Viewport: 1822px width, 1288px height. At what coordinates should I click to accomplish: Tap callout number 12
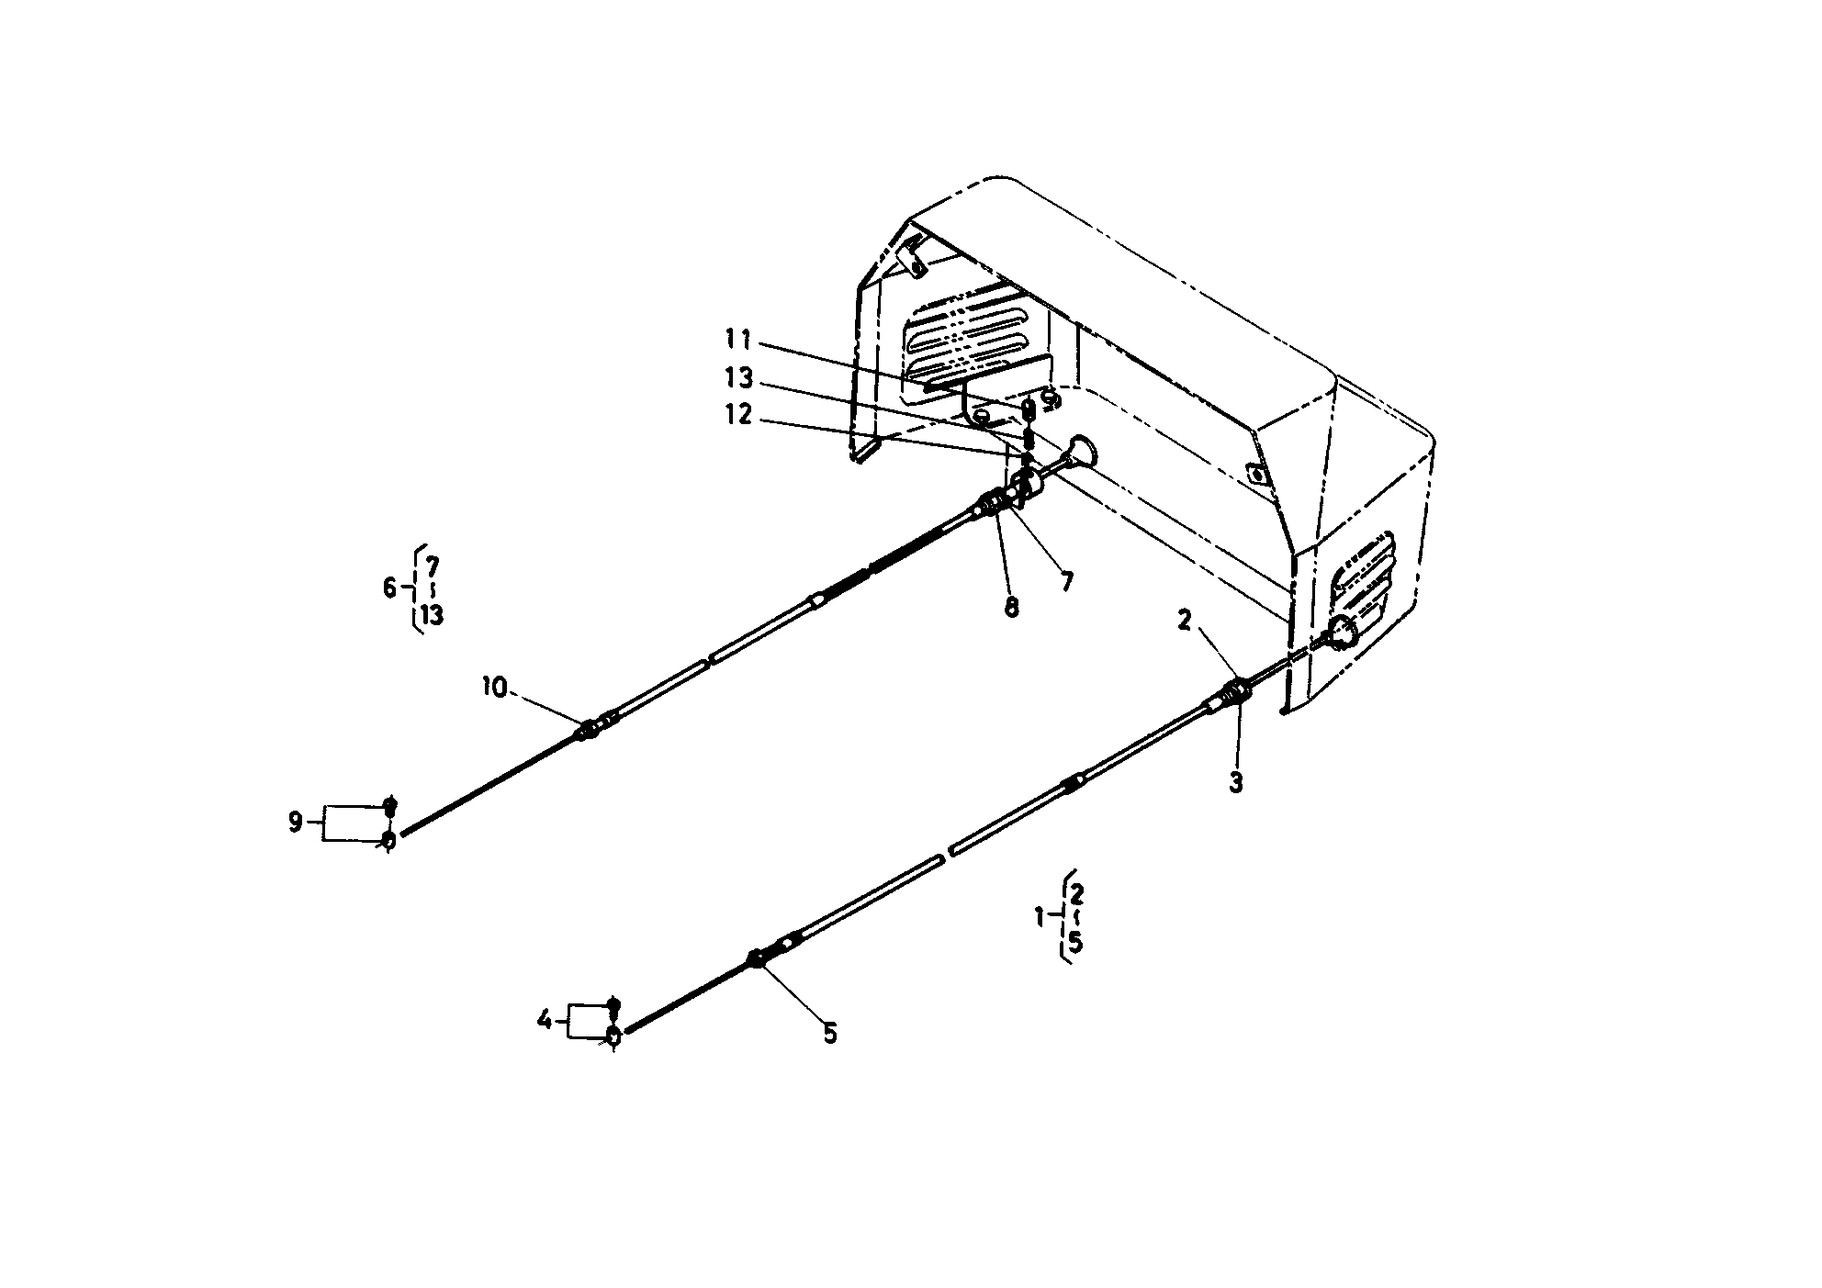(x=738, y=416)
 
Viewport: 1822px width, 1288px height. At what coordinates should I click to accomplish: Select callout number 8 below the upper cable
(x=1011, y=607)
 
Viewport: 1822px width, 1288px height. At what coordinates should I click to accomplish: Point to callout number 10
(x=495, y=688)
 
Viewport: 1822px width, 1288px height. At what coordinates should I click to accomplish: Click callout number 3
(x=1236, y=783)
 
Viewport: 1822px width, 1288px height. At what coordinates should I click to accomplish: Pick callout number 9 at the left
(x=295, y=823)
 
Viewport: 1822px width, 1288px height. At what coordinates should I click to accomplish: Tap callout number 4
(x=545, y=1020)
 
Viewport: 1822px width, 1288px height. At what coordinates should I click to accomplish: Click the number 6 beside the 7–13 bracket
(x=390, y=588)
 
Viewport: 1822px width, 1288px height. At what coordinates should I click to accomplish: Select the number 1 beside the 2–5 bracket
(x=1040, y=916)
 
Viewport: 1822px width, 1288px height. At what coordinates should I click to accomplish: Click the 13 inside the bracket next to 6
(x=433, y=615)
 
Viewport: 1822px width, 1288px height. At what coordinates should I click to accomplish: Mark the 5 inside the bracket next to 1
(x=1075, y=943)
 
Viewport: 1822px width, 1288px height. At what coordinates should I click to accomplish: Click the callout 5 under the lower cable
(x=829, y=1035)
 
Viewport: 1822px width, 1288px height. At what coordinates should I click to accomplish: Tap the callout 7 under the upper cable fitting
(x=1066, y=582)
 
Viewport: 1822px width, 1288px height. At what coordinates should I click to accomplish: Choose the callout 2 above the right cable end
(x=1184, y=622)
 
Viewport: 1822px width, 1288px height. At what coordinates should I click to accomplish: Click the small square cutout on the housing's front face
(x=1254, y=474)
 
